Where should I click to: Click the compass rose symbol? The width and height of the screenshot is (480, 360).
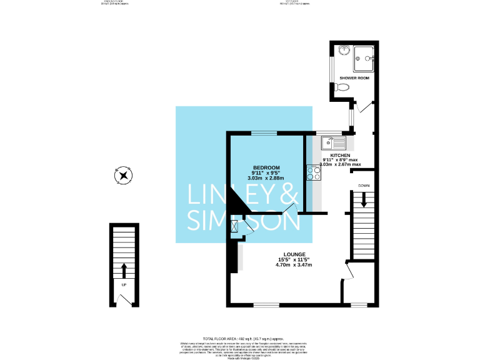123,176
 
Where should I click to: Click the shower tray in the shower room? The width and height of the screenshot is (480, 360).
364,59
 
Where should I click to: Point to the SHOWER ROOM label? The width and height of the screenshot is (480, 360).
354,78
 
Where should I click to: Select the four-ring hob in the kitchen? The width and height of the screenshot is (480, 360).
314,173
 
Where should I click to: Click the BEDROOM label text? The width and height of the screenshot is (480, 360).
266,167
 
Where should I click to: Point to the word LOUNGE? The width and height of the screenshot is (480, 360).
293,254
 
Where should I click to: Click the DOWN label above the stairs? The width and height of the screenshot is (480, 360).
364,186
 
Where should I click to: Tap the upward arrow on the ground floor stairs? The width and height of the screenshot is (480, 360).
123,270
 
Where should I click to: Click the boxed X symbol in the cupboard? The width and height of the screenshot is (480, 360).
235,227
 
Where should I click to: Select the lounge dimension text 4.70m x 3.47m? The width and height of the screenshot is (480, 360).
293,265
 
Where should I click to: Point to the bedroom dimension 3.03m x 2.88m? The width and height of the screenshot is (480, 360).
266,179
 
